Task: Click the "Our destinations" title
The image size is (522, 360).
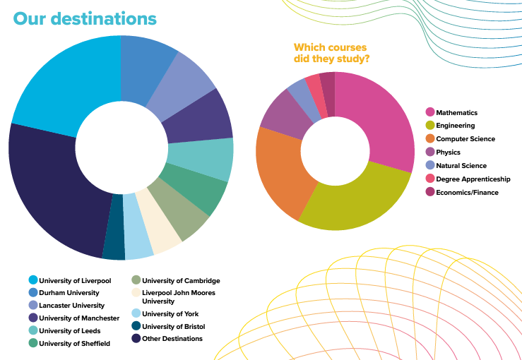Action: click(84, 18)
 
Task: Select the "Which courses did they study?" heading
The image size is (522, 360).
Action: click(332, 53)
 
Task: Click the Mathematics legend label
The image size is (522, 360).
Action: click(456, 113)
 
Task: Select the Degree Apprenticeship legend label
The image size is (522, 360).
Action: click(473, 179)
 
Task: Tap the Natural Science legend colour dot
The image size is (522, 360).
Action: click(429, 166)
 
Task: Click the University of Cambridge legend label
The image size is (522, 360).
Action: click(181, 280)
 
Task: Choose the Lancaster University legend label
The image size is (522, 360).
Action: click(71, 306)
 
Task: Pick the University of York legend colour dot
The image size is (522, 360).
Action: click(136, 313)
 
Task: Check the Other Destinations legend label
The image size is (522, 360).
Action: click(172, 339)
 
